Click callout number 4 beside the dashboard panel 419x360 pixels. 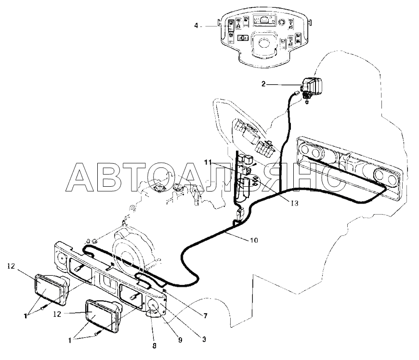(x=196, y=26)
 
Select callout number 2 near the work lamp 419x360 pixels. (x=263, y=84)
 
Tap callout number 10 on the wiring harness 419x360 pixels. (x=254, y=240)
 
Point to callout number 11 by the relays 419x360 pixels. (x=208, y=162)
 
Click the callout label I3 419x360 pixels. (x=294, y=204)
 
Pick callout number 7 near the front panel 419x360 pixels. (x=205, y=316)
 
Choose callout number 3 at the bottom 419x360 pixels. (x=204, y=339)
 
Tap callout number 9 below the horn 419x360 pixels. (x=180, y=340)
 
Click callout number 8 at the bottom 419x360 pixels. (x=154, y=346)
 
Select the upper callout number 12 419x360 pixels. (x=11, y=266)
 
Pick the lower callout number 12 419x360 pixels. (x=57, y=314)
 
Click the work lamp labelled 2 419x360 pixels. (x=312, y=86)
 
